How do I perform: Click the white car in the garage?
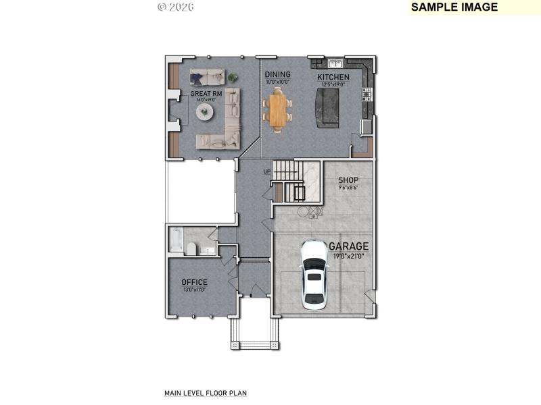pos(314,274)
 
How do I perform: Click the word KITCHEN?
pos(333,78)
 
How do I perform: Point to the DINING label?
pos(277,74)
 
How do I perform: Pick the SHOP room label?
pos(348,180)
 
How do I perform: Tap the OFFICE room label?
pos(194,282)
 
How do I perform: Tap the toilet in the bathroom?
pos(191,249)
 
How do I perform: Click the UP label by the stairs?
pos(267,171)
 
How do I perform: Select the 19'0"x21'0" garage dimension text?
pos(348,256)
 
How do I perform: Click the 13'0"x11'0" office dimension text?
pos(194,290)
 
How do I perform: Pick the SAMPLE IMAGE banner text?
pos(454,7)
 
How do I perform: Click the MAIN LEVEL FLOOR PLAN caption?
pos(206,392)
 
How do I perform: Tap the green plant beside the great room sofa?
pos(233,76)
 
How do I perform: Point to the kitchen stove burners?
pos(367,94)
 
